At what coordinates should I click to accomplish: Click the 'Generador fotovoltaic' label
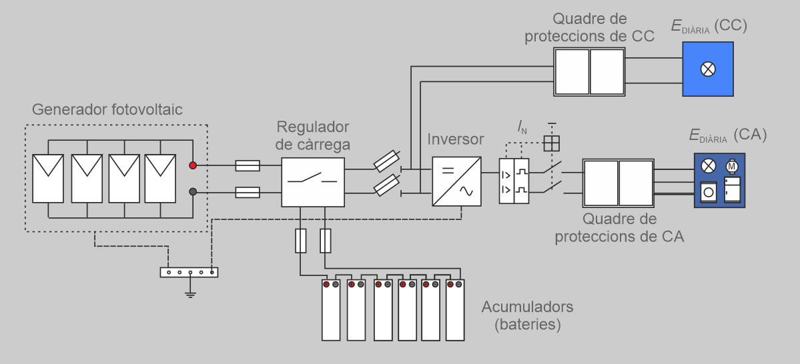pyautogui.click(x=107, y=109)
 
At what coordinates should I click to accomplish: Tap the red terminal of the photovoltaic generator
pyautogui.click(x=193, y=165)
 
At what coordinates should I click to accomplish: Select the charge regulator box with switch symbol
pyautogui.click(x=313, y=182)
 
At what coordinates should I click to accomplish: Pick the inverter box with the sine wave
pyautogui.click(x=457, y=181)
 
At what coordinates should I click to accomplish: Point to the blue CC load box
pyautogui.click(x=708, y=69)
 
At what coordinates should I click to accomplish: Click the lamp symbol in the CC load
pyautogui.click(x=708, y=69)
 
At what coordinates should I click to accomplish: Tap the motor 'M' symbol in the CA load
pyautogui.click(x=731, y=164)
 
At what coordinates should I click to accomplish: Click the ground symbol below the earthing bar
pyautogui.click(x=190, y=293)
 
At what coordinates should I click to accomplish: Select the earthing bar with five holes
pyautogui.click(x=189, y=272)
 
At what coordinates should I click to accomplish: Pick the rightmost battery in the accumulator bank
pyautogui.click(x=455, y=310)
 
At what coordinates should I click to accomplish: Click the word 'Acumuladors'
pyautogui.click(x=526, y=307)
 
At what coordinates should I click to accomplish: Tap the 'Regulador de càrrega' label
pyautogui.click(x=313, y=135)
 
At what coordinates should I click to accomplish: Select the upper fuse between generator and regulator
pyautogui.click(x=248, y=165)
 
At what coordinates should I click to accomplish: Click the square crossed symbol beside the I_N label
pyautogui.click(x=551, y=143)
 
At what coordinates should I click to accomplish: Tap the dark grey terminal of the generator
pyautogui.click(x=193, y=192)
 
